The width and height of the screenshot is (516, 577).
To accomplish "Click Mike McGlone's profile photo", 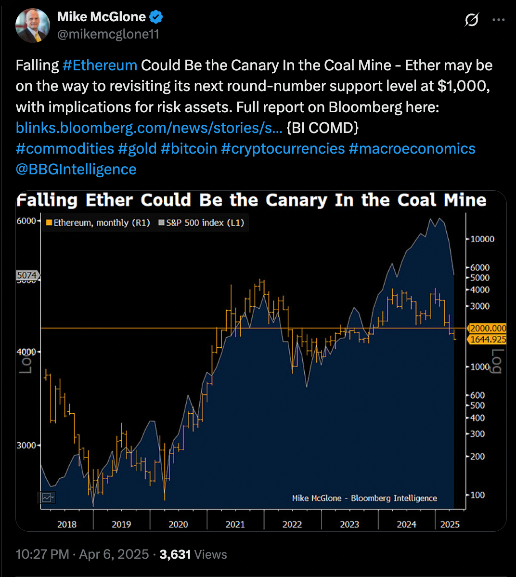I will pyautogui.click(x=33, y=25).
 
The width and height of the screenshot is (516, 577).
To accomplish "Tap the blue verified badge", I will pyautogui.click(x=155, y=17).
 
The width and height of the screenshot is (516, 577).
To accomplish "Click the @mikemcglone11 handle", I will pyautogui.click(x=108, y=34).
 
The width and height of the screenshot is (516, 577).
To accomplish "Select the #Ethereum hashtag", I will pyautogui.click(x=100, y=65).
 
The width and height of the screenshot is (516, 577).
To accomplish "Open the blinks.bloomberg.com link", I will pyautogui.click(x=149, y=128).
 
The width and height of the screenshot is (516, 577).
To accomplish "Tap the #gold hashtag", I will pyautogui.click(x=137, y=148).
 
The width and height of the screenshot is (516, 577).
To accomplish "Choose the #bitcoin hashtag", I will pyautogui.click(x=189, y=148).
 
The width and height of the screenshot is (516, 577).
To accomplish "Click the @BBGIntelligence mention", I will pyautogui.click(x=76, y=169).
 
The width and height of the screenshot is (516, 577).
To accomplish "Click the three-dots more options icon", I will pyautogui.click(x=498, y=20).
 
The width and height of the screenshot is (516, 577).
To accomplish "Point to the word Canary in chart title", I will pyautogui.click(x=296, y=200).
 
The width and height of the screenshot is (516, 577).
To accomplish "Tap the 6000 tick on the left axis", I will pyautogui.click(x=26, y=221).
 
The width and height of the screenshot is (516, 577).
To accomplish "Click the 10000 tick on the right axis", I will pyautogui.click(x=482, y=239).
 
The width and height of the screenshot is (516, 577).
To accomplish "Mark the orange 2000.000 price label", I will pyautogui.click(x=488, y=328).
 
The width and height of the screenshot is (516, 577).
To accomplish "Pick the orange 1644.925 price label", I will pyautogui.click(x=488, y=340).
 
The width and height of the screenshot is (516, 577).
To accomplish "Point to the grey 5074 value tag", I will pyautogui.click(x=26, y=275).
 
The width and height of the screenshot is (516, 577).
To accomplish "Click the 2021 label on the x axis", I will pyautogui.click(x=235, y=525).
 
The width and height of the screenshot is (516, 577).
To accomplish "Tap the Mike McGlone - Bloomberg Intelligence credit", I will pyautogui.click(x=364, y=498).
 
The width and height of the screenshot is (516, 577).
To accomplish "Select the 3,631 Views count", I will pyautogui.click(x=193, y=554).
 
